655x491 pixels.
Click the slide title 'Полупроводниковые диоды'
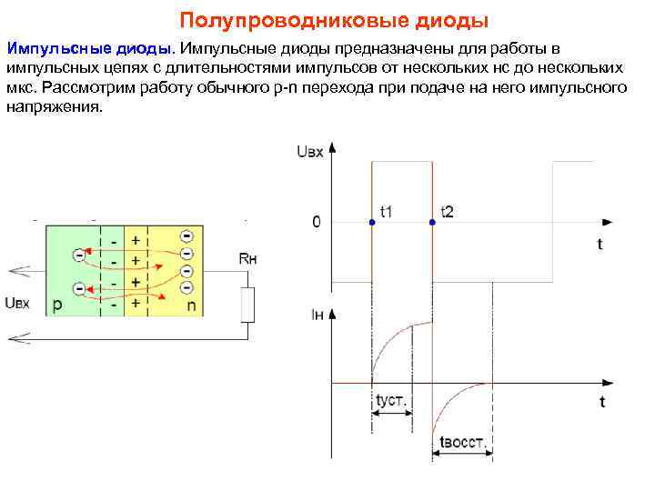coord(334,19)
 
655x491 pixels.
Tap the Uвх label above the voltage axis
coord(309,153)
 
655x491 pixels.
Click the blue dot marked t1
coord(371,221)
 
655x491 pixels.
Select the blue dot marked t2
coord(432,221)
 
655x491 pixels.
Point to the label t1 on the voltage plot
coord(386,211)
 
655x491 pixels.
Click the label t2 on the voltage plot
coord(447,211)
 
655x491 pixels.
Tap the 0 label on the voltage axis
coord(316,221)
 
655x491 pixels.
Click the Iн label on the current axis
coord(317,316)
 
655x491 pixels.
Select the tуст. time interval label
coord(390,399)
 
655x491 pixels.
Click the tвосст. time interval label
coord(463,444)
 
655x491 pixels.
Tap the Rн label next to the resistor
coord(247,259)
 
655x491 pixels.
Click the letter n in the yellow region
coord(191,306)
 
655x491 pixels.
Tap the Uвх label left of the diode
coord(17,303)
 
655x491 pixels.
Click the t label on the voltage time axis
coord(600,244)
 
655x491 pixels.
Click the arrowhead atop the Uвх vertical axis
coord(331,146)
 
